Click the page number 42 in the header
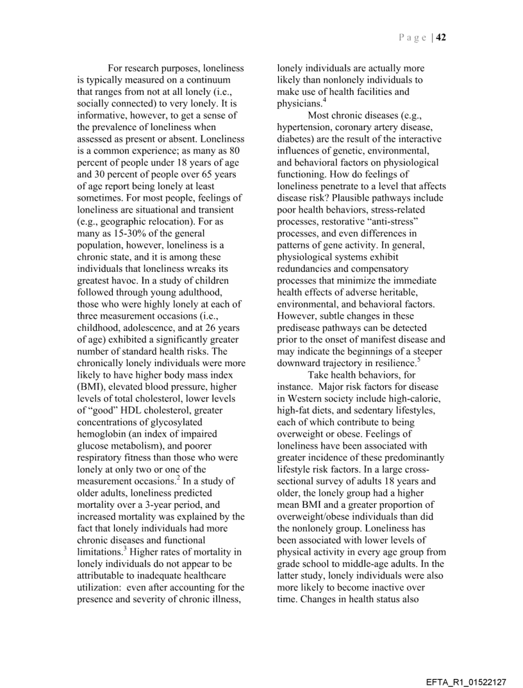[x=442, y=37]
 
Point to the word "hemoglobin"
[x=102, y=434]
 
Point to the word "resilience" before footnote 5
[x=389, y=364]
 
